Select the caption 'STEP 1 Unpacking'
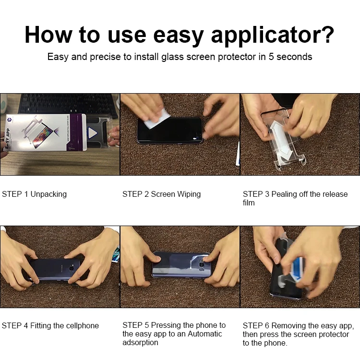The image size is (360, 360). [34, 194]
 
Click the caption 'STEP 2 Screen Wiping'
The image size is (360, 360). [161, 194]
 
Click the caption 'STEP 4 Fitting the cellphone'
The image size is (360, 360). [50, 325]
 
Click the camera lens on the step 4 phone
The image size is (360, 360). [72, 268]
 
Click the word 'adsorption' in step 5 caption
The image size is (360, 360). [140, 342]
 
